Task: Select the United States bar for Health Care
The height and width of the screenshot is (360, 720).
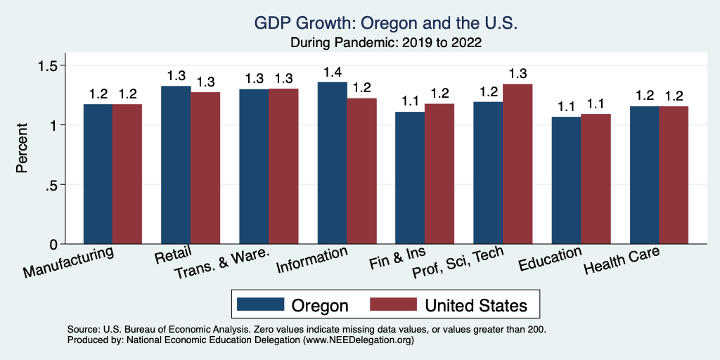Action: coord(674,175)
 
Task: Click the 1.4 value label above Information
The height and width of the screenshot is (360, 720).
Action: coord(332,72)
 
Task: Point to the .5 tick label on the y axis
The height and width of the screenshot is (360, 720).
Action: coord(53,185)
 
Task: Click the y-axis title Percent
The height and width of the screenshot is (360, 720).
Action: coord(22,149)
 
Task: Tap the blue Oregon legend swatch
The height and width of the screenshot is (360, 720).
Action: coord(260,304)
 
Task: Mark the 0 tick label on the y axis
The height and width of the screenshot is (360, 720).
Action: coord(53,244)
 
